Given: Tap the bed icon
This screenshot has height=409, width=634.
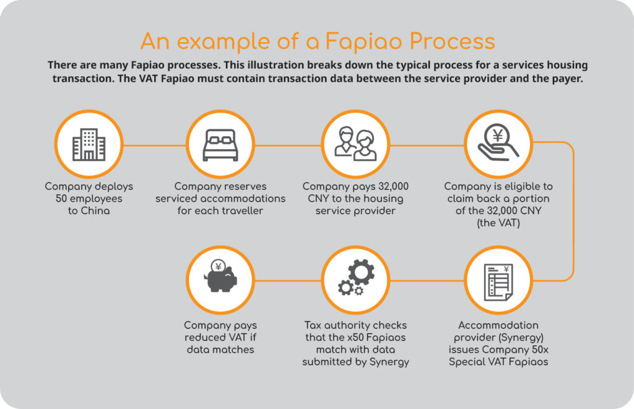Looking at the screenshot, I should (x=219, y=146).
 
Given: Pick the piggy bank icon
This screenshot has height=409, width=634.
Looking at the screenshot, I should (x=219, y=280).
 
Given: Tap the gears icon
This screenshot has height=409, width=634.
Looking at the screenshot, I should (x=355, y=280).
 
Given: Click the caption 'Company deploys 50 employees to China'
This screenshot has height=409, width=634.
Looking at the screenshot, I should (x=89, y=199).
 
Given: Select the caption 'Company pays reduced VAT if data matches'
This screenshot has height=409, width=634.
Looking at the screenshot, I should (x=220, y=337).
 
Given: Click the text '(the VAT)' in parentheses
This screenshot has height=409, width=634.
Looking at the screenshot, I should (x=498, y=223).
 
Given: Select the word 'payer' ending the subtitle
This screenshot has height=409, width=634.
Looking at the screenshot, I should (x=565, y=80).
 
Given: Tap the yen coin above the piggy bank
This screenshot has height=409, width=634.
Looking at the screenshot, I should (x=217, y=267).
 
